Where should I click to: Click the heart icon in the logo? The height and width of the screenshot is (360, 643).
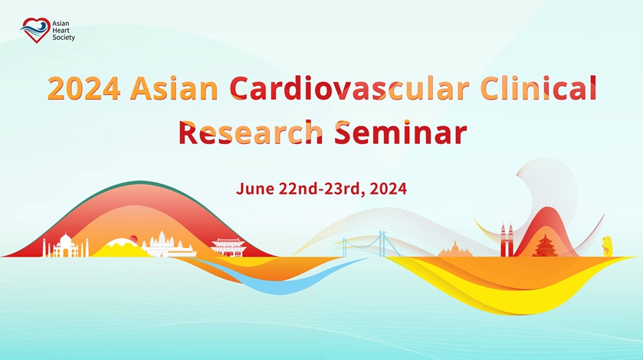35,30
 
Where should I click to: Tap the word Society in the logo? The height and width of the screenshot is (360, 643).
64,38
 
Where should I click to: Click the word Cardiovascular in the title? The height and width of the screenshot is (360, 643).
349,88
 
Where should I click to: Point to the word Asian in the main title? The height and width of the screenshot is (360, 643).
174,88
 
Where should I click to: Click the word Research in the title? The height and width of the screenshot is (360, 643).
251,132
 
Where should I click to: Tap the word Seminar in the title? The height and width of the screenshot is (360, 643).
401,132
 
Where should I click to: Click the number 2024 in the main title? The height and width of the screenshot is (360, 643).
84,88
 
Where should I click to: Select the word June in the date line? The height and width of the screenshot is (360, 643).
254,188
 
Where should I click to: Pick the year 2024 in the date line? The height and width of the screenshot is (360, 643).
388,188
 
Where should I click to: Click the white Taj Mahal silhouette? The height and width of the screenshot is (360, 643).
66,245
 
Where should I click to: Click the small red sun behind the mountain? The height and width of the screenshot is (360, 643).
133,238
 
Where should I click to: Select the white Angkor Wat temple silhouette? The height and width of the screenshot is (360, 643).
168,245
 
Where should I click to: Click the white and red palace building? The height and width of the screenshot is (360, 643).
228,247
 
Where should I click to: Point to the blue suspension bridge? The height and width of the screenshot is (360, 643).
369,244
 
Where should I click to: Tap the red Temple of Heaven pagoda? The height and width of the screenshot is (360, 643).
545,246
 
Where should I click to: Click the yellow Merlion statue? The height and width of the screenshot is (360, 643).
607,246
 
